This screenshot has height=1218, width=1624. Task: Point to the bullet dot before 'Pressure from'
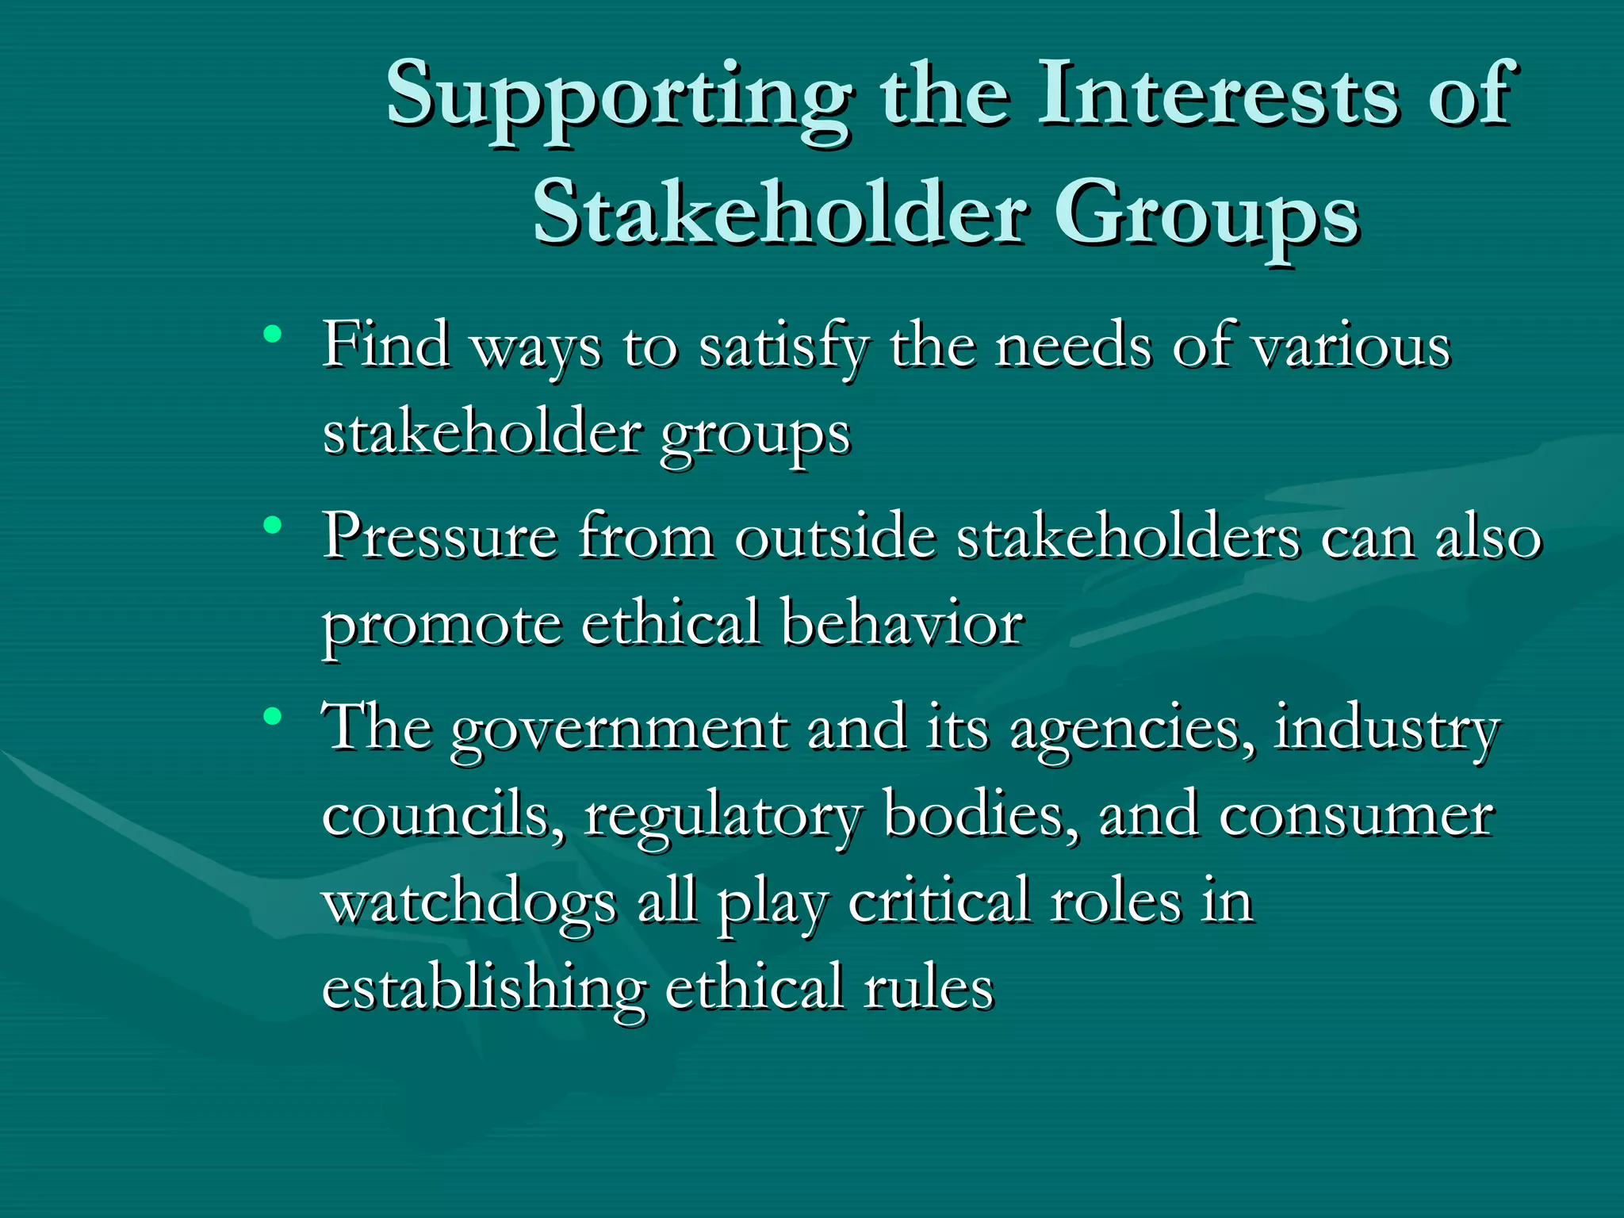click(x=273, y=525)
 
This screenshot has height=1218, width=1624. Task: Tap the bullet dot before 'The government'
click(x=273, y=717)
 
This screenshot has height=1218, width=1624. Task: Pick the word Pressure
click(x=440, y=538)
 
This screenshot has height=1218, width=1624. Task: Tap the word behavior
click(x=902, y=623)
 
